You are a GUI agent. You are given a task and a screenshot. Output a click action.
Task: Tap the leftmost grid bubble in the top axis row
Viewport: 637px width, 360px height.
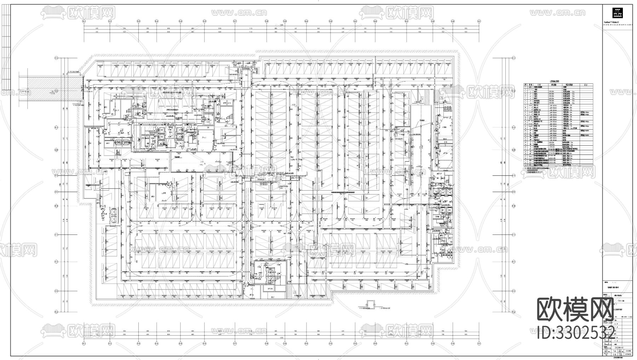(x=84, y=21)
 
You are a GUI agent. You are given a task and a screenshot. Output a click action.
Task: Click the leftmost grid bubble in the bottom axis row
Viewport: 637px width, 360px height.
(x=84, y=343)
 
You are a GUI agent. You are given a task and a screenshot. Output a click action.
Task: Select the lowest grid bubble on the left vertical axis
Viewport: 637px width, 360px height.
(x=56, y=312)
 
